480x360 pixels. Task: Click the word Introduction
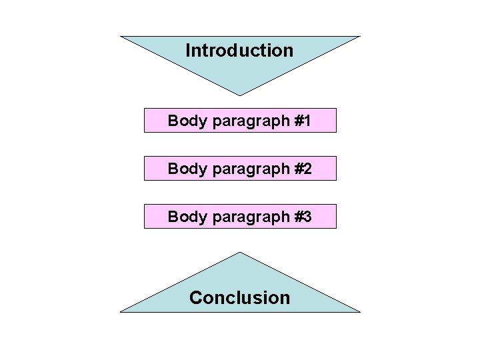pos(239,51)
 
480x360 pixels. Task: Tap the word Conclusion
pos(239,297)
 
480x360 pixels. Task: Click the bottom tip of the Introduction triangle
pos(240,95)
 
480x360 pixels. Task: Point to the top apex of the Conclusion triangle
pos(240,252)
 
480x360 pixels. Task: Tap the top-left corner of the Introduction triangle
pos(121,37)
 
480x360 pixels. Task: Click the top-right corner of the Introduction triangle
pos(359,37)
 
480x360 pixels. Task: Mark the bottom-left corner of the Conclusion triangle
pos(121,311)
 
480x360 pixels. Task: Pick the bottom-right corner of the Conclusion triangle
pos(359,311)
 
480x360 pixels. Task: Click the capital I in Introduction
pos(188,51)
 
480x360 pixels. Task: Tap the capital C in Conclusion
pos(196,297)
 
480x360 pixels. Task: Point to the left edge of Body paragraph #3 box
pos(145,217)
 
